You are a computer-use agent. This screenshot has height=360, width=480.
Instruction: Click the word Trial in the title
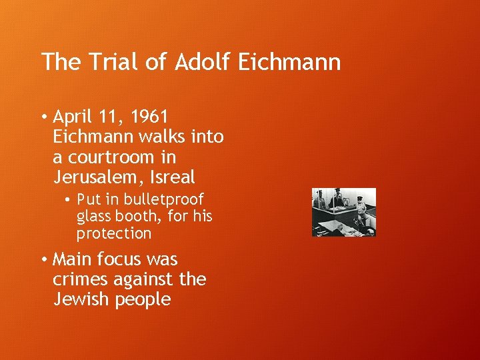click(107, 62)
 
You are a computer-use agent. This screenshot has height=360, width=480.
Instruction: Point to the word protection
click(114, 233)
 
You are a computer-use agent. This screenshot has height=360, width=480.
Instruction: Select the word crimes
click(81, 279)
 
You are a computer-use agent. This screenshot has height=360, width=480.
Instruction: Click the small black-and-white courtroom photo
click(344, 212)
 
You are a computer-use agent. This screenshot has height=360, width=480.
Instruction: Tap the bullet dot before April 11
click(42, 118)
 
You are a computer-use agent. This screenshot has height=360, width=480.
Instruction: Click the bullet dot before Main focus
click(42, 259)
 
